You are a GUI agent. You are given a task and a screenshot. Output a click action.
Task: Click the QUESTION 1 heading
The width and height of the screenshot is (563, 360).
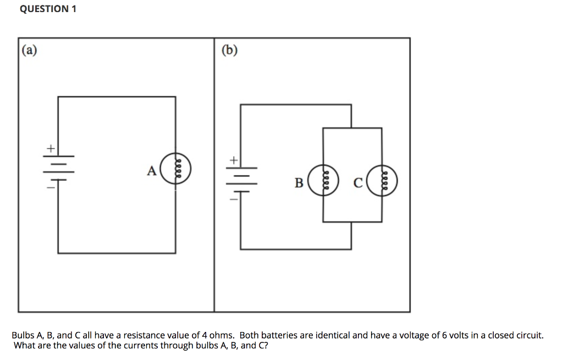click(x=48, y=9)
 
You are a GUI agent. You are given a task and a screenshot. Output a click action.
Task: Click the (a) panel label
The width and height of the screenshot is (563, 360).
click(x=30, y=51)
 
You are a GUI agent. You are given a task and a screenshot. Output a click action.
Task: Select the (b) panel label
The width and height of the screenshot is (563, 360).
click(x=229, y=51)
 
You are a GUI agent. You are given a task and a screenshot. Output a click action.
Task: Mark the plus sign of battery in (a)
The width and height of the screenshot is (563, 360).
click(x=50, y=148)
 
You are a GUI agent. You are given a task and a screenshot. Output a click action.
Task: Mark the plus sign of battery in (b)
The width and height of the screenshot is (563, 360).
click(x=233, y=160)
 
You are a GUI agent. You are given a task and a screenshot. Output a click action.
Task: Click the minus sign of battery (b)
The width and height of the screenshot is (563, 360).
click(x=233, y=199)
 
